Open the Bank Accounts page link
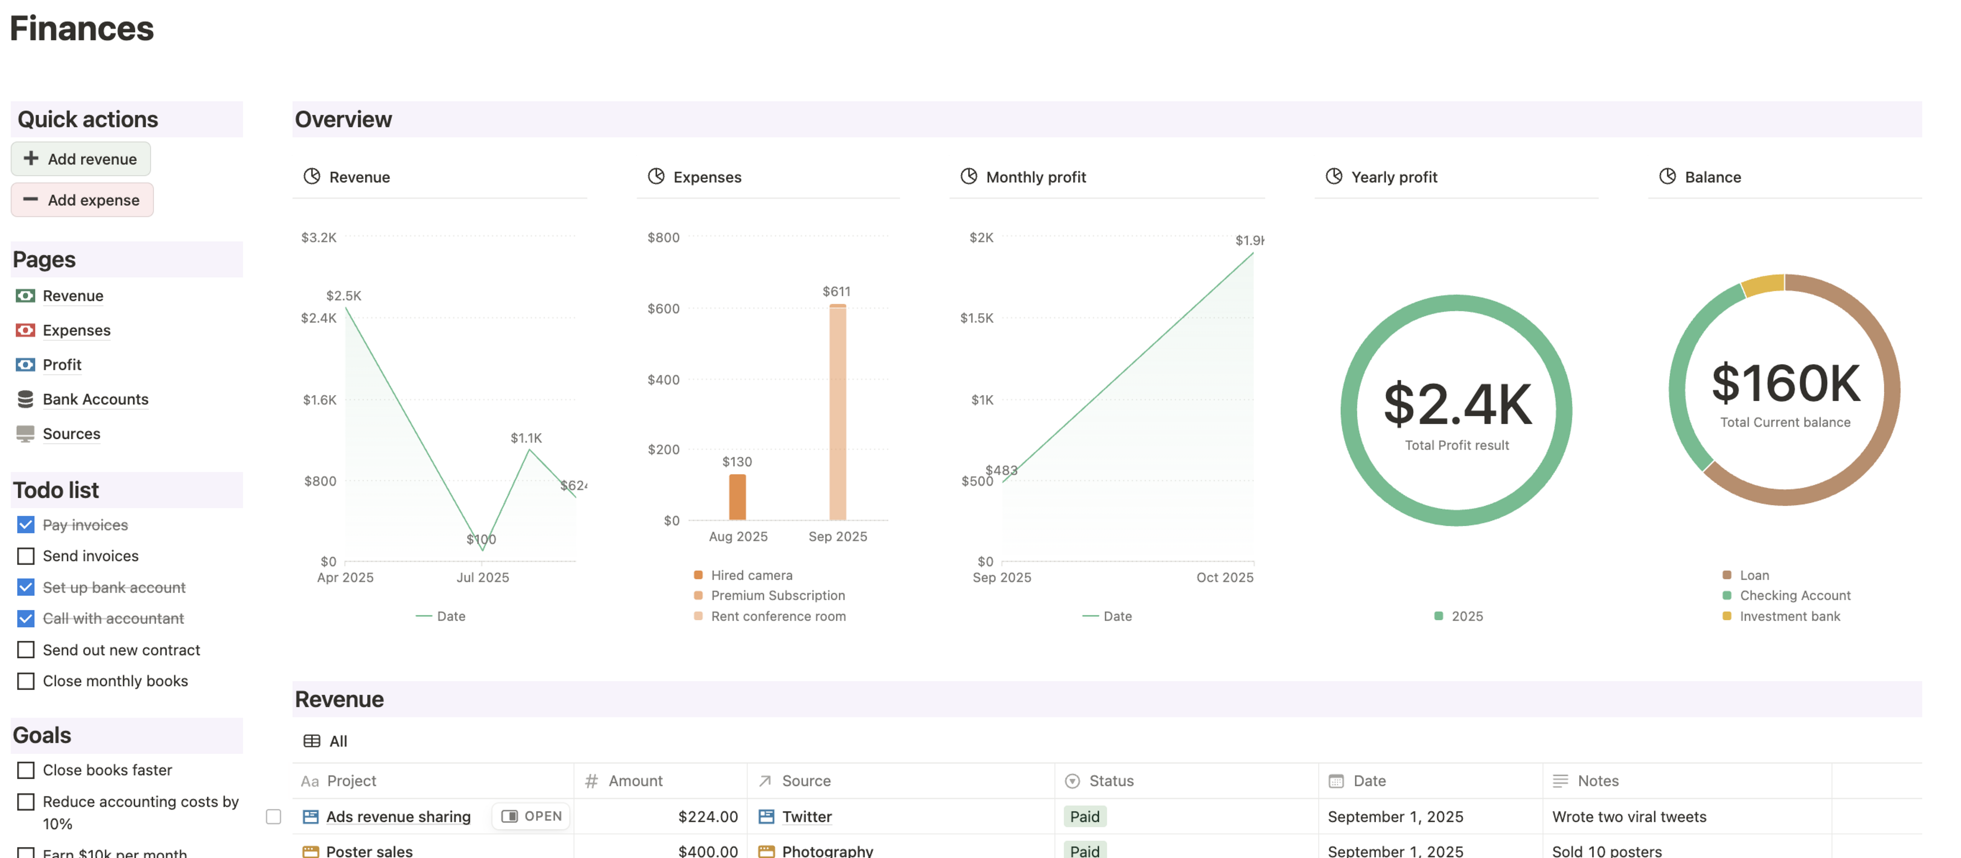point(95,399)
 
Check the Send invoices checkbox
point(26,556)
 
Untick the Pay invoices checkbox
point(26,525)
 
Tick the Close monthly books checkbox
point(26,681)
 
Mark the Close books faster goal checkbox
point(26,770)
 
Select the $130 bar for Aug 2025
point(737,496)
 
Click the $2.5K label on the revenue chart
point(343,295)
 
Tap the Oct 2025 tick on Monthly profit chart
point(1224,577)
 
